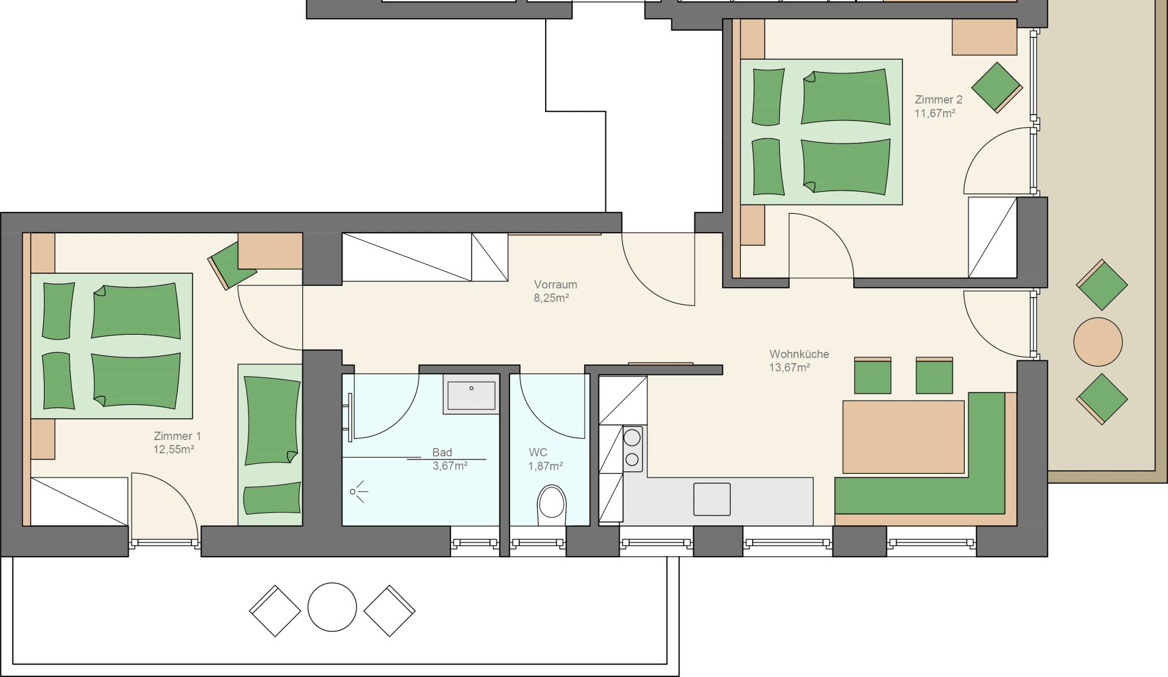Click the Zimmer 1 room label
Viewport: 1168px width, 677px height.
click(x=178, y=436)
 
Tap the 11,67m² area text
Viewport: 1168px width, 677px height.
click(x=935, y=113)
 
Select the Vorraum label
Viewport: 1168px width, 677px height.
click(x=556, y=285)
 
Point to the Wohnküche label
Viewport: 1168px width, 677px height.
click(x=799, y=354)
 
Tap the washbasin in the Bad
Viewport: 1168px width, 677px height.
click(x=471, y=394)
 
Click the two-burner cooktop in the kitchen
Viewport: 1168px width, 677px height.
click(x=633, y=449)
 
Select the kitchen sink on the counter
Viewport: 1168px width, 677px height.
click(x=712, y=499)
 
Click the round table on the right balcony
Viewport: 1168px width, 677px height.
click(x=1098, y=342)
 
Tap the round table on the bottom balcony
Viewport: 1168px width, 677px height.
click(x=332, y=607)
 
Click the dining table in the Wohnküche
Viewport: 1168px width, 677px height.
click(x=903, y=437)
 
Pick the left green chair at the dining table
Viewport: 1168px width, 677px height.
click(x=873, y=375)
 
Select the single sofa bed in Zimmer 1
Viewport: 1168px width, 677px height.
click(x=270, y=444)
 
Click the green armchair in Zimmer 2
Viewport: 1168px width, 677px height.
click(x=997, y=87)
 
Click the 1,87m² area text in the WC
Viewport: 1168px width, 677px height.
click(x=545, y=466)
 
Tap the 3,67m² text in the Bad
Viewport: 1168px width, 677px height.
click(x=450, y=466)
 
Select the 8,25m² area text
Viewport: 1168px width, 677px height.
click(x=551, y=298)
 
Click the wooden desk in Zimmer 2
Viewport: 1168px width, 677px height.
click(x=984, y=37)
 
